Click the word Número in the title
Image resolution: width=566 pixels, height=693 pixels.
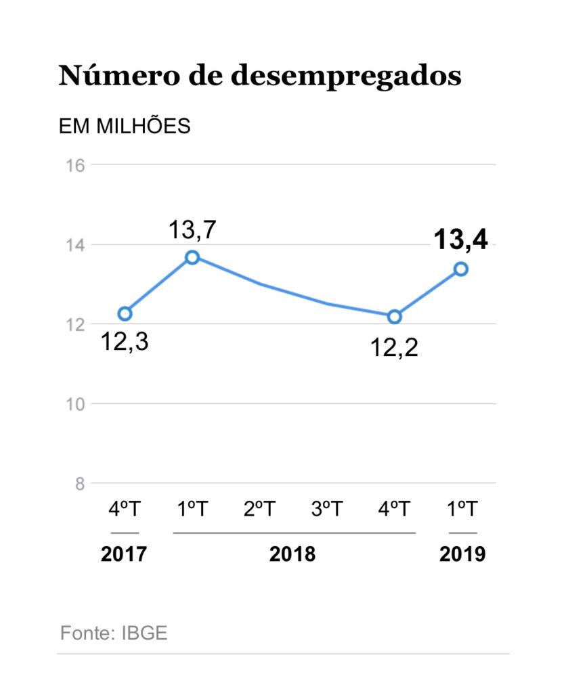click(107, 75)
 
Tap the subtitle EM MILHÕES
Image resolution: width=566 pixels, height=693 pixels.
click(125, 127)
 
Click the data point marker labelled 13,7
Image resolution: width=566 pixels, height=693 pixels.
click(192, 257)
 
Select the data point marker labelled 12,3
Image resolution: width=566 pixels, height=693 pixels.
click(125, 313)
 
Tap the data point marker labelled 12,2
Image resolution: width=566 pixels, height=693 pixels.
click(395, 317)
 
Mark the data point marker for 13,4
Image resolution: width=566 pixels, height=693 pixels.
click(461, 269)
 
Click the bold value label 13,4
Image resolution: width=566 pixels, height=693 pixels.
click(460, 240)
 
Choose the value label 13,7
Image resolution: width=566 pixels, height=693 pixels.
click(192, 230)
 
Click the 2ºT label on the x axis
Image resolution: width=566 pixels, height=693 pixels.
click(260, 510)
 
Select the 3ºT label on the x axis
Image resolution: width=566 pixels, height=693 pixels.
click(327, 510)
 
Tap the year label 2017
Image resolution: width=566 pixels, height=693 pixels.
click(124, 554)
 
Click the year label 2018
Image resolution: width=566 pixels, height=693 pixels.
click(292, 554)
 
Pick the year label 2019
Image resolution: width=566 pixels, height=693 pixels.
click(462, 554)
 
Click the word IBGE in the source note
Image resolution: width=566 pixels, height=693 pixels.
click(145, 633)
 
